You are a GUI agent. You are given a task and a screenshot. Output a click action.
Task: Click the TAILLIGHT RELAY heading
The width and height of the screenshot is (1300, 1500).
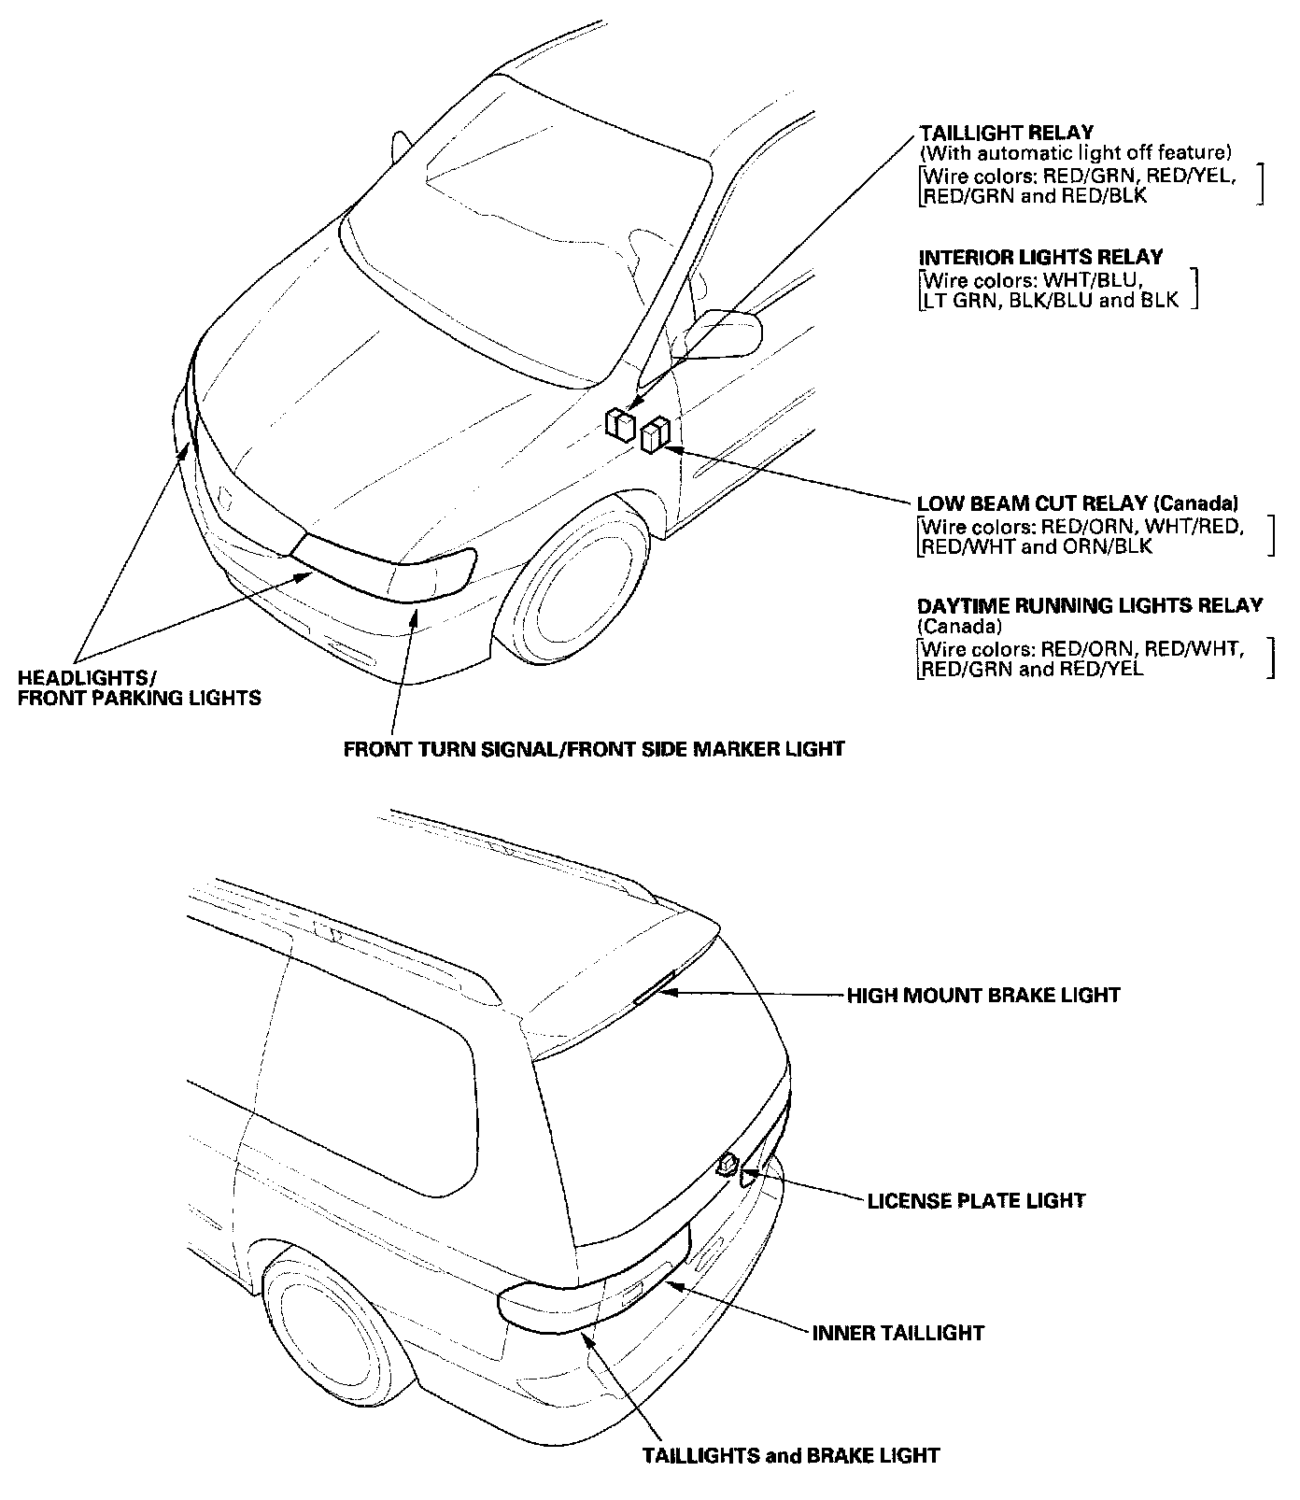pyautogui.click(x=1006, y=133)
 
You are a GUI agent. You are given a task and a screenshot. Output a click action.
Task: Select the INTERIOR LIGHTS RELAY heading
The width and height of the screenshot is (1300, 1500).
pyautogui.click(x=1041, y=257)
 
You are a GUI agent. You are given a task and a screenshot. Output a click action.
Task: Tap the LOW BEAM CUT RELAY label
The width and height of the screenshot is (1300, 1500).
pyautogui.click(x=1078, y=503)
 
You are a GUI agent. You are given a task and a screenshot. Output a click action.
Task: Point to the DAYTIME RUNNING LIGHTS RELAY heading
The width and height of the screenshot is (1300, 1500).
pyautogui.click(x=1090, y=605)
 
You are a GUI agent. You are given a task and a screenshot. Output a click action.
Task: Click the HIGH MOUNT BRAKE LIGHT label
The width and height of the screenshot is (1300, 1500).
pyautogui.click(x=983, y=995)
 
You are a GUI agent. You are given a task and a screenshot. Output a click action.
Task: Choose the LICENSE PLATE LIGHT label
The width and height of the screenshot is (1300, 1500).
pyautogui.click(x=976, y=1200)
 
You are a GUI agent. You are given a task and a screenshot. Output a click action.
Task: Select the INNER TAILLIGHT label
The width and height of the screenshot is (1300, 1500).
pyautogui.click(x=897, y=1333)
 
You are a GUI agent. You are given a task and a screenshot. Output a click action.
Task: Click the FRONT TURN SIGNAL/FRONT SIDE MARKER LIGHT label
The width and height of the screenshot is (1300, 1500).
pyautogui.click(x=594, y=748)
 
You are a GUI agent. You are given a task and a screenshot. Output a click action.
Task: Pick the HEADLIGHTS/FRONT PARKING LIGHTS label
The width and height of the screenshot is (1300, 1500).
pyautogui.click(x=139, y=686)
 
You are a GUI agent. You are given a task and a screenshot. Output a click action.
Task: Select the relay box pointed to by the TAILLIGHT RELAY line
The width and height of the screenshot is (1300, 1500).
pyautogui.click(x=619, y=423)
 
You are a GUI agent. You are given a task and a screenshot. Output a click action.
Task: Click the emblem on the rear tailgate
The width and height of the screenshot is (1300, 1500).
pyautogui.click(x=727, y=1165)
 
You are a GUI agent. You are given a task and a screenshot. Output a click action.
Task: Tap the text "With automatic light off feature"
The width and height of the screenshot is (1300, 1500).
pyautogui.click(x=1076, y=151)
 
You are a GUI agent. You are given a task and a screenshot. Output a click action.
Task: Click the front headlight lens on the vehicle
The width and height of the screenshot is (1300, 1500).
pyautogui.click(x=385, y=564)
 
